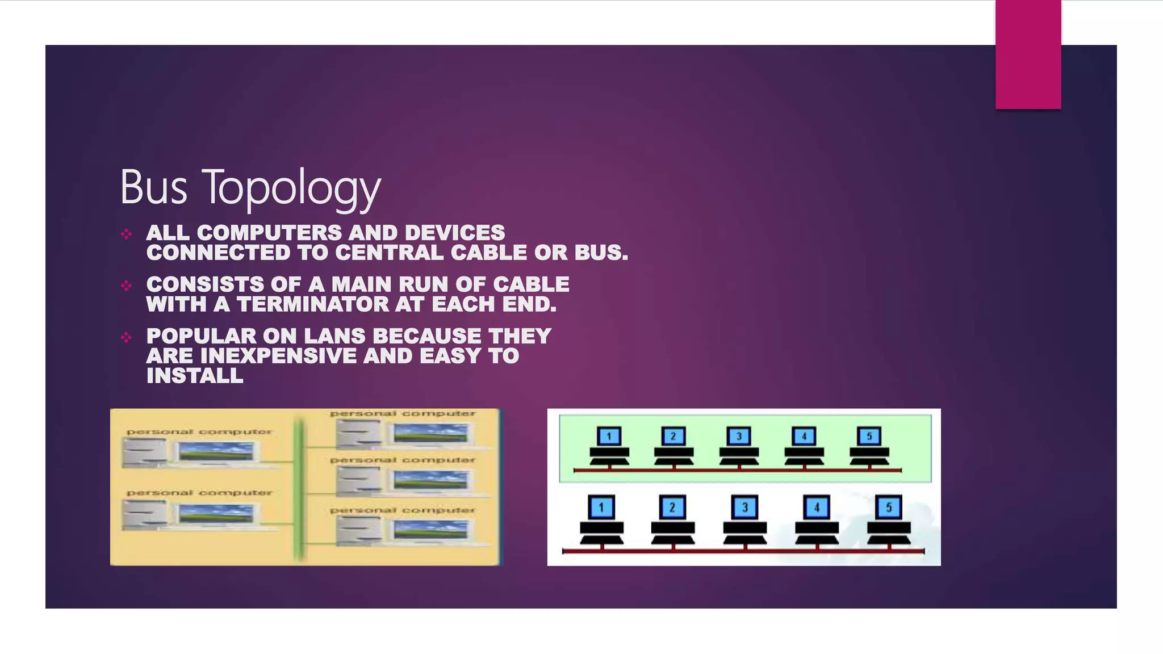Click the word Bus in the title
pyautogui.click(x=153, y=187)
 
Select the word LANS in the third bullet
pyautogui.click(x=335, y=336)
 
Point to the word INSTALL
pyautogui.click(x=195, y=376)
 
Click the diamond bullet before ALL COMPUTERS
pyautogui.click(x=126, y=233)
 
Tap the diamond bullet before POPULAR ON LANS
pyautogui.click(x=126, y=337)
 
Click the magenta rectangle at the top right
pyautogui.click(x=1028, y=54)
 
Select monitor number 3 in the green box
pyautogui.click(x=739, y=436)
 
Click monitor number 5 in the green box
pyautogui.click(x=869, y=436)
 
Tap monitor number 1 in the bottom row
pyautogui.click(x=601, y=507)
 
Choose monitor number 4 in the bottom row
pyautogui.click(x=817, y=507)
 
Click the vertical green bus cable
pyautogui.click(x=299, y=488)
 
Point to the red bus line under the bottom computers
pyautogui.click(x=744, y=551)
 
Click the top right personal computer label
pyautogui.click(x=403, y=413)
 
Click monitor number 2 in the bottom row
pyautogui.click(x=672, y=507)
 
